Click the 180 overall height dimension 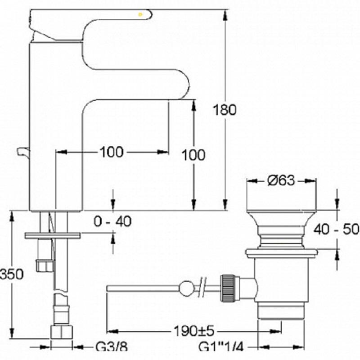click(x=225, y=110)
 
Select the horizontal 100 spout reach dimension click(x=112, y=152)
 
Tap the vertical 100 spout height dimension click(x=193, y=155)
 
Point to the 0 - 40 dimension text click(x=113, y=221)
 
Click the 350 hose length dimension click(x=12, y=274)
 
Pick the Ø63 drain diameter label click(x=281, y=180)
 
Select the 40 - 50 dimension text click(x=336, y=229)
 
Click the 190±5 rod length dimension click(x=194, y=331)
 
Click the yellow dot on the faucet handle click(x=140, y=15)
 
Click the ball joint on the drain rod click(x=186, y=288)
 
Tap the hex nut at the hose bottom click(x=62, y=332)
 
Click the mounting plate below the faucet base click(x=53, y=235)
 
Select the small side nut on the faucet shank click(x=44, y=265)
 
